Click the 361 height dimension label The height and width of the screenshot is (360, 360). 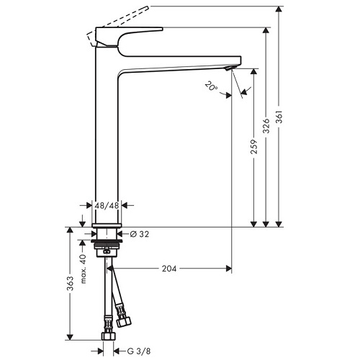[279, 117]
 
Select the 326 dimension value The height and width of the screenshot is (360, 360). [266, 125]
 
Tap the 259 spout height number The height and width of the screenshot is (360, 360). [254, 147]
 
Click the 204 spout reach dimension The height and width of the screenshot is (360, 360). [169, 269]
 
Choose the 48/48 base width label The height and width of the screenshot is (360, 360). [107, 205]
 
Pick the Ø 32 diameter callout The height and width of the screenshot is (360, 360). [140, 234]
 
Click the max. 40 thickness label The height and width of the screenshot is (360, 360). [83, 269]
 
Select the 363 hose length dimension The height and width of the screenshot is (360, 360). [70, 283]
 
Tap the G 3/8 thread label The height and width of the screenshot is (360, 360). [139, 351]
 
